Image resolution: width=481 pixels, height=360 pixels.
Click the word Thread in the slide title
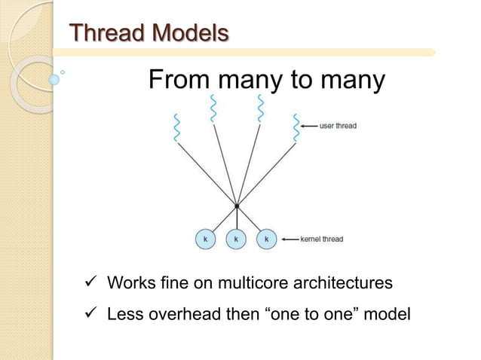point(105,33)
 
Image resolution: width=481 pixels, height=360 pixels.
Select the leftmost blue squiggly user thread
point(177,127)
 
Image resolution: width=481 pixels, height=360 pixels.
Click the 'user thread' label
point(337,126)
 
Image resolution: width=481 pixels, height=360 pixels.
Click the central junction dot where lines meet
point(237,206)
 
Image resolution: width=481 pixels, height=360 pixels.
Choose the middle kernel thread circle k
point(235,239)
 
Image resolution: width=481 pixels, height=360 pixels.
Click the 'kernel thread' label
point(321,239)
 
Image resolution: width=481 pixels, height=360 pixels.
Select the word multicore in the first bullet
point(251,284)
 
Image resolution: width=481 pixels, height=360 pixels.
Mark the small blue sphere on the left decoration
point(54,78)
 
